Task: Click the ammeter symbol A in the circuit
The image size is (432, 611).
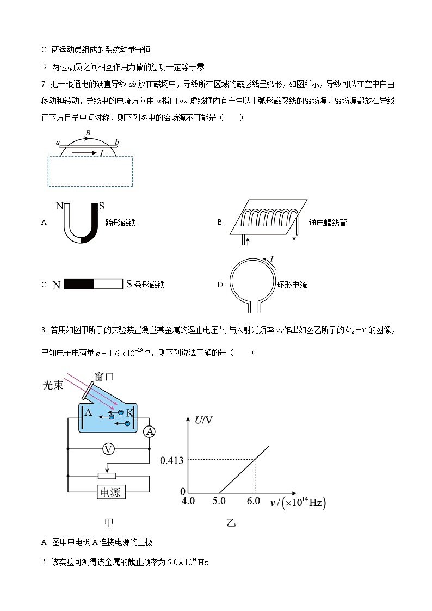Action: [x=149, y=431]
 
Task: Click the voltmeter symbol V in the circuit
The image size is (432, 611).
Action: [x=109, y=449]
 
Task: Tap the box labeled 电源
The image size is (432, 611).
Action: [x=110, y=492]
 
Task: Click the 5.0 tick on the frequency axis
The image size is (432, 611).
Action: [x=219, y=501]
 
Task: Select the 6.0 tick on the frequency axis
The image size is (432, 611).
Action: [x=254, y=501]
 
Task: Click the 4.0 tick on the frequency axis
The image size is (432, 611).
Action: [x=188, y=501]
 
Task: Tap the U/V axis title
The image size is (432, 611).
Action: [x=205, y=419]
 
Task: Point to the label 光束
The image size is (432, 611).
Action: [x=54, y=385]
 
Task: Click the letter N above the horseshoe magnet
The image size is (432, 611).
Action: [x=60, y=207]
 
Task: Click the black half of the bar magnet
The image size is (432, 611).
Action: [x=79, y=284]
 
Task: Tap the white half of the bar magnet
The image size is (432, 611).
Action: [x=108, y=284]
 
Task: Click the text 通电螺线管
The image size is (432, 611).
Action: [x=327, y=223]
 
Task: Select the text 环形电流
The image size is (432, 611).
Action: [x=292, y=285]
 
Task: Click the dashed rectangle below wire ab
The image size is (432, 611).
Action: [x=90, y=171]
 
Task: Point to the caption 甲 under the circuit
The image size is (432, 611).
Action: [x=109, y=522]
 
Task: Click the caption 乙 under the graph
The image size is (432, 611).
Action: [x=231, y=523]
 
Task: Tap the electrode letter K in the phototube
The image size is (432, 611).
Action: [x=129, y=413]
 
